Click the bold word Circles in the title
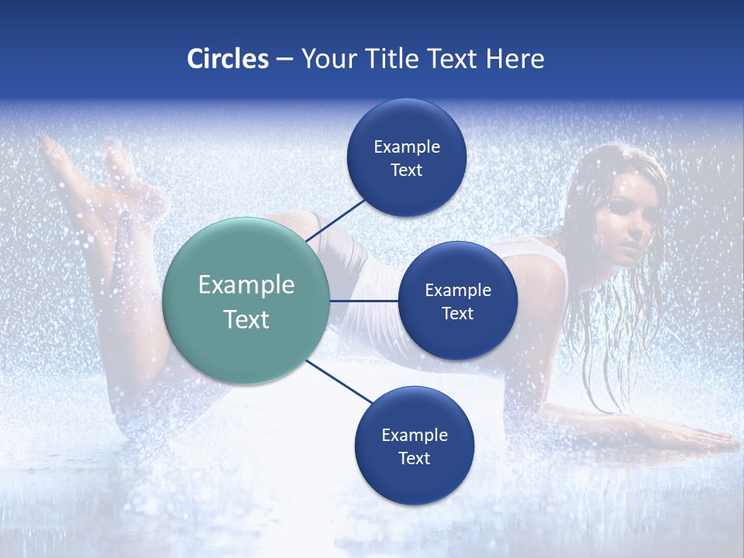pyautogui.click(x=228, y=59)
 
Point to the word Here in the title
pyautogui.click(x=515, y=59)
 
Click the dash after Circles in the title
pyautogui.click(x=284, y=60)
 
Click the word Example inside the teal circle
pyautogui.click(x=246, y=285)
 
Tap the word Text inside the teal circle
pyautogui.click(x=246, y=319)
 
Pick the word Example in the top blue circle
pyautogui.click(x=407, y=147)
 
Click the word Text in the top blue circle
pyautogui.click(x=407, y=170)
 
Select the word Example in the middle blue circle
pyautogui.click(x=458, y=291)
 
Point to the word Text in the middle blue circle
pyautogui.click(x=458, y=314)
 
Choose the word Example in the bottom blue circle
pyautogui.click(x=415, y=436)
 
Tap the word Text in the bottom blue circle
pyautogui.click(x=415, y=459)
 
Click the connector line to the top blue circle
pyautogui.click(x=337, y=219)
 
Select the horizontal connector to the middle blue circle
pyautogui.click(x=363, y=301)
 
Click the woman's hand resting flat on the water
pyautogui.click(x=697, y=439)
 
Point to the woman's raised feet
pyautogui.click(x=85, y=167)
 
